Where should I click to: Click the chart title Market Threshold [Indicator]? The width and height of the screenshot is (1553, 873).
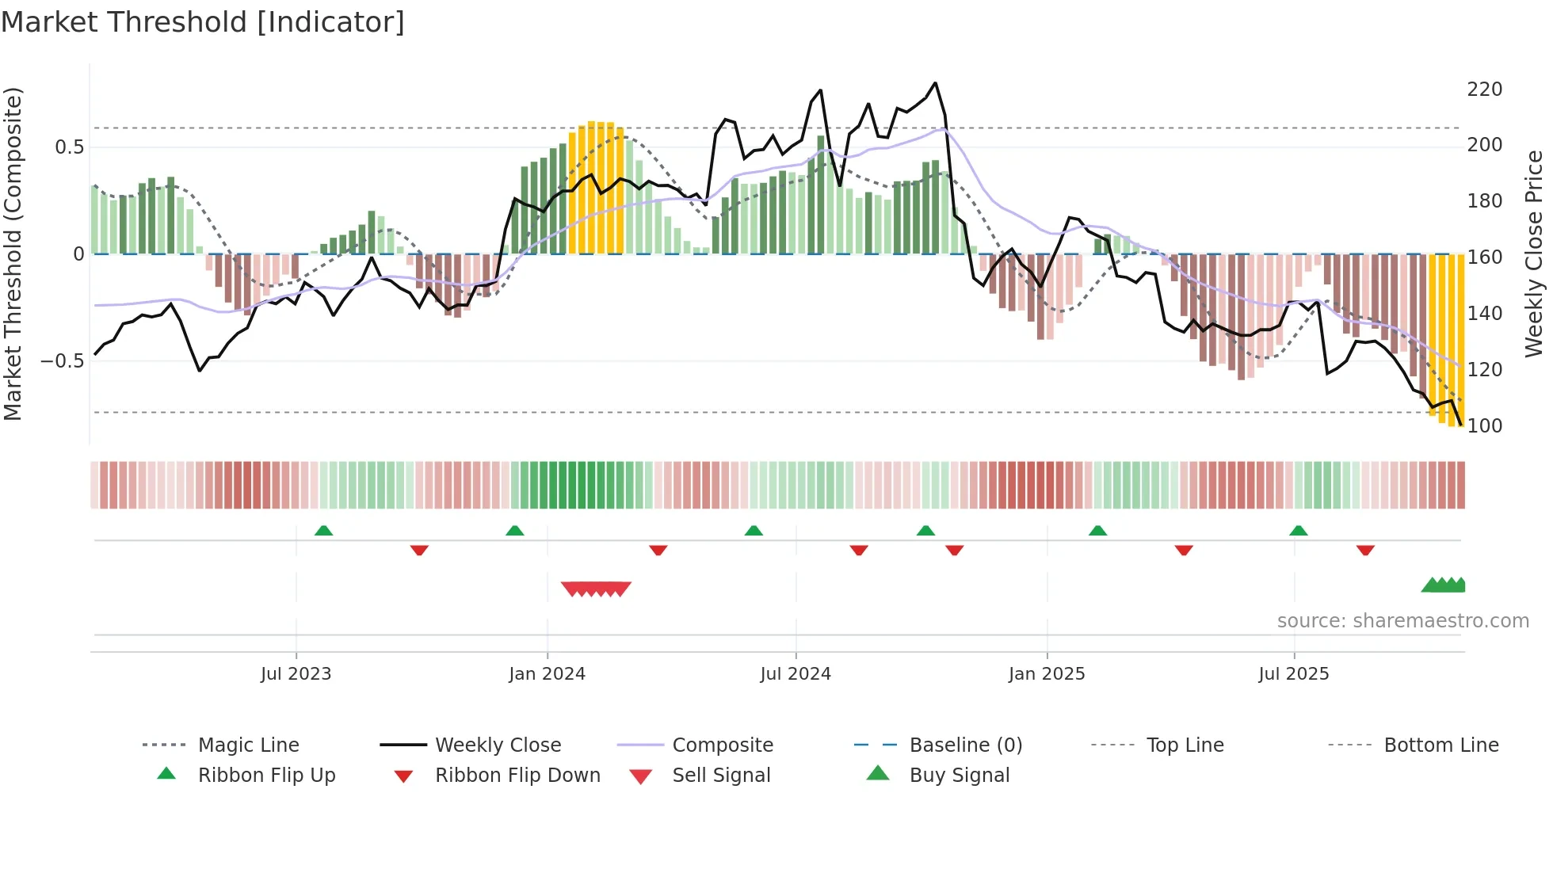203,22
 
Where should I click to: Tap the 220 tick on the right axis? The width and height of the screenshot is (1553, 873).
1484,90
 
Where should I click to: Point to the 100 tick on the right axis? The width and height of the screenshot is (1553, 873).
1484,426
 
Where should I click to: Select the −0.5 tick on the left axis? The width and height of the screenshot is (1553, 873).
62,361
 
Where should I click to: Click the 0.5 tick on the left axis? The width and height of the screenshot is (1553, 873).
69,147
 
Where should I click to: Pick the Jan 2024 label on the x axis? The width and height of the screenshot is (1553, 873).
547,674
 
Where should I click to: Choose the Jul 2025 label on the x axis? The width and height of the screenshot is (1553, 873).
1293,674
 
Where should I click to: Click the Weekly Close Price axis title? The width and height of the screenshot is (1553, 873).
1534,254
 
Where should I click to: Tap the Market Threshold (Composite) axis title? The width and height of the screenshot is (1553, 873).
13,254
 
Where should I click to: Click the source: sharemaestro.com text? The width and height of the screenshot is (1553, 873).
1402,621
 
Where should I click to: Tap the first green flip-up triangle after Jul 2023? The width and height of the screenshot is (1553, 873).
323,531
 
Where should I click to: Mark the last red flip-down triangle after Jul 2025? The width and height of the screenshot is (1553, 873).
1364,550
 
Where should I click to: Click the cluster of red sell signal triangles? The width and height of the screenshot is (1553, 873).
596,589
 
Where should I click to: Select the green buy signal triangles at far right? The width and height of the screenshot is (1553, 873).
1444,585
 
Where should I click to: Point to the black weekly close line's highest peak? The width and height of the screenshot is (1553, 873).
935,83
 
